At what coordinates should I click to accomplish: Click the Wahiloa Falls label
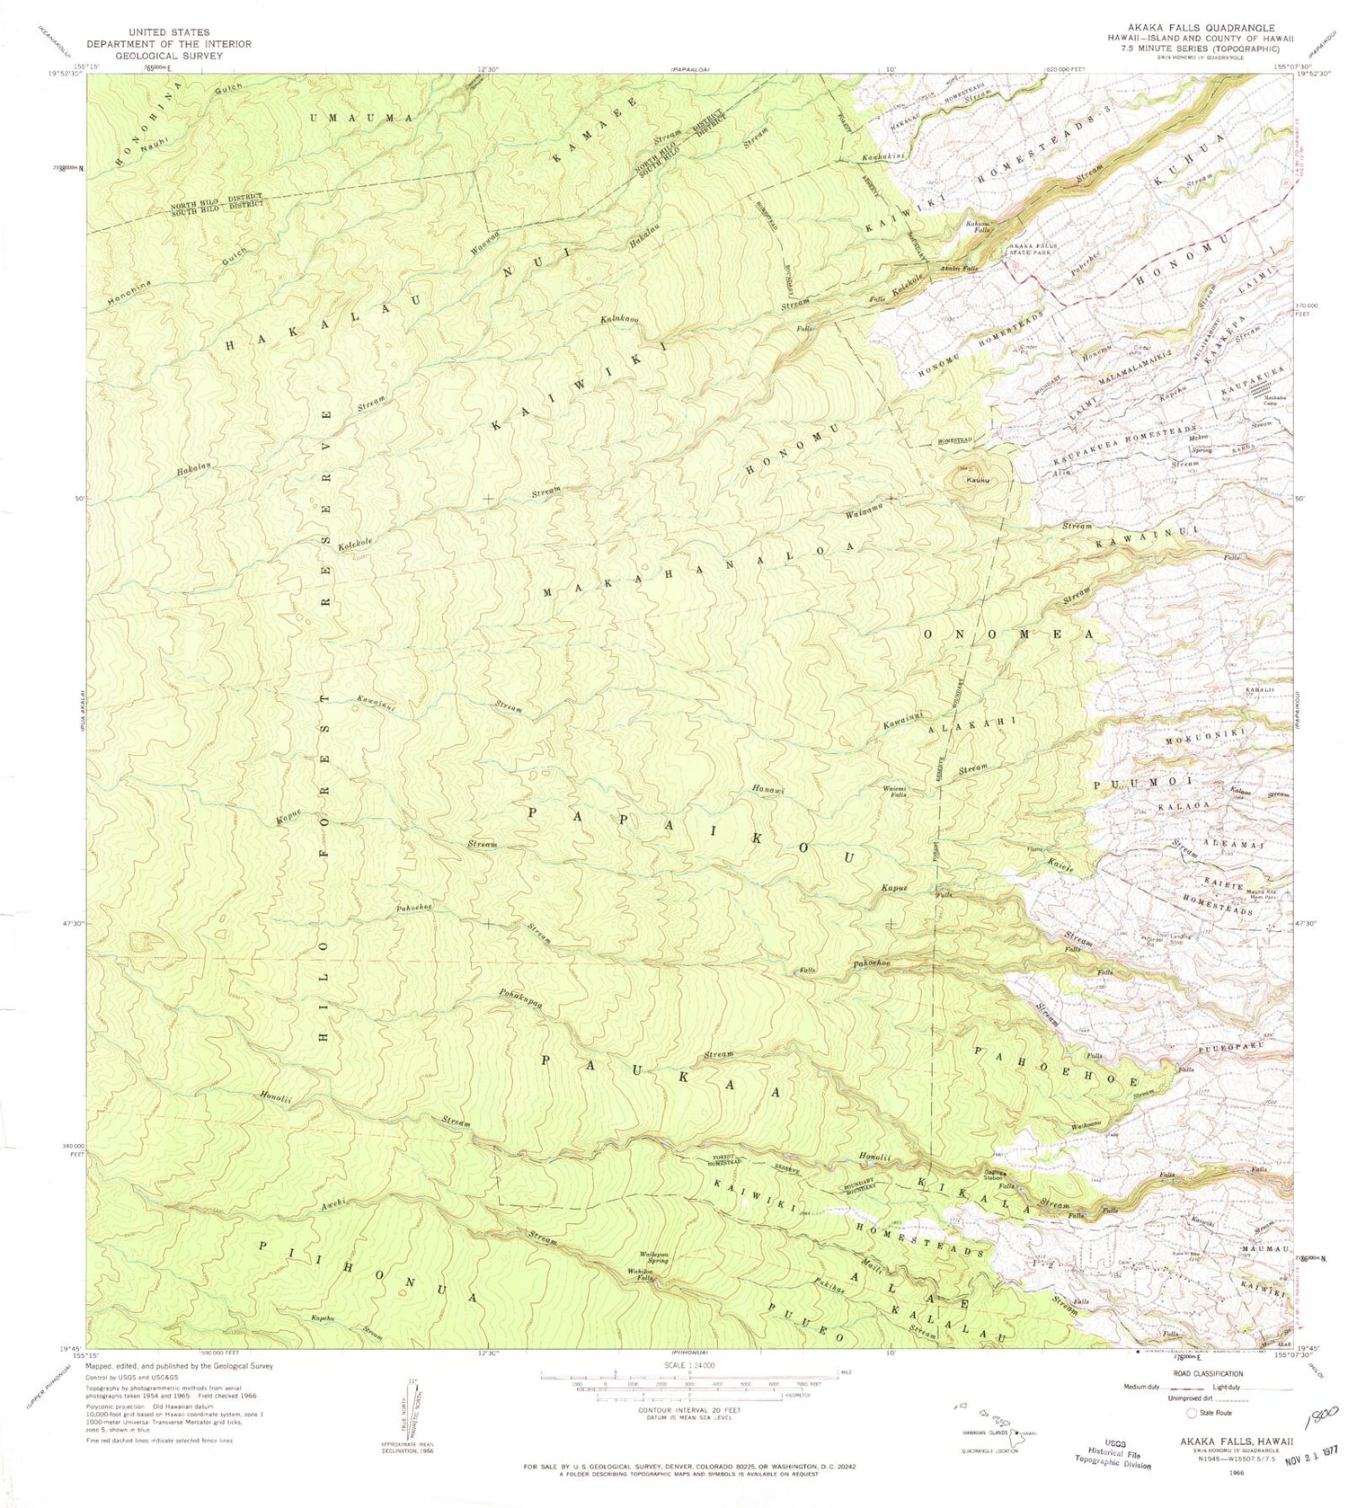tap(640, 1274)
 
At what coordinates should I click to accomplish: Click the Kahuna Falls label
tap(978, 226)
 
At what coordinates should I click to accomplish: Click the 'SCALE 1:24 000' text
tap(689, 1365)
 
